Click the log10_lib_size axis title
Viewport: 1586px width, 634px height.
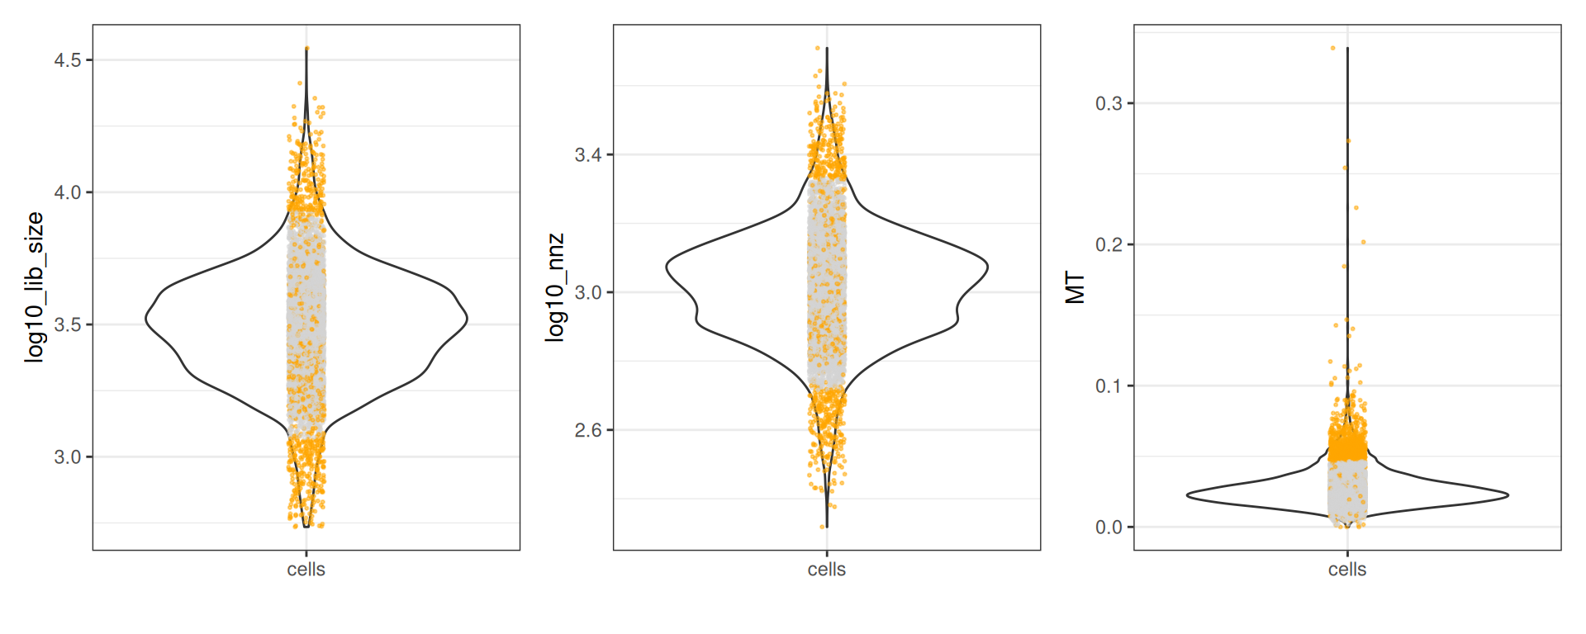pos(34,286)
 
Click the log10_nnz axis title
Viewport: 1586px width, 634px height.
pos(555,286)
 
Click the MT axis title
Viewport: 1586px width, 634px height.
pos(1076,287)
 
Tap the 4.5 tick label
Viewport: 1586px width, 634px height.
pos(68,60)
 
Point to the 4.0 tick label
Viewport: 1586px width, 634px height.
pos(68,192)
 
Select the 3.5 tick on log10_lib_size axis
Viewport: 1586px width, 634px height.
pos(68,324)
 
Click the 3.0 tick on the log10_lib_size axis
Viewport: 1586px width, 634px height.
pos(68,457)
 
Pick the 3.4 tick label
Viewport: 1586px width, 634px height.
pos(588,154)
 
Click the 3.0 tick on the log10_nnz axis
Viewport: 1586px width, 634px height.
pos(588,292)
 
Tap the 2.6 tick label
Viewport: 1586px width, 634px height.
pos(588,430)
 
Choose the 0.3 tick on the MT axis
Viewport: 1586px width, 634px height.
pos(1109,103)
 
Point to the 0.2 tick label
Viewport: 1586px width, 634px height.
pos(1109,244)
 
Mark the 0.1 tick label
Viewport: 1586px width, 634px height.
pos(1109,386)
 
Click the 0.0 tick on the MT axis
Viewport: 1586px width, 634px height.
pos(1109,527)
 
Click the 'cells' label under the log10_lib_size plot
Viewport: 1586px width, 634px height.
pos(306,570)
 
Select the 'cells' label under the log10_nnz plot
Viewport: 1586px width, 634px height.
pos(827,570)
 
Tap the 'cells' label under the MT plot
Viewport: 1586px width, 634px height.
pos(1347,570)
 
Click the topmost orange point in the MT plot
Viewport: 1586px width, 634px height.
pos(1333,48)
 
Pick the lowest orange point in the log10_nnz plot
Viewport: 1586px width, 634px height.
pos(824,526)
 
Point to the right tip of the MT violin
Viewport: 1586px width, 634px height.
pos(1508,495)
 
